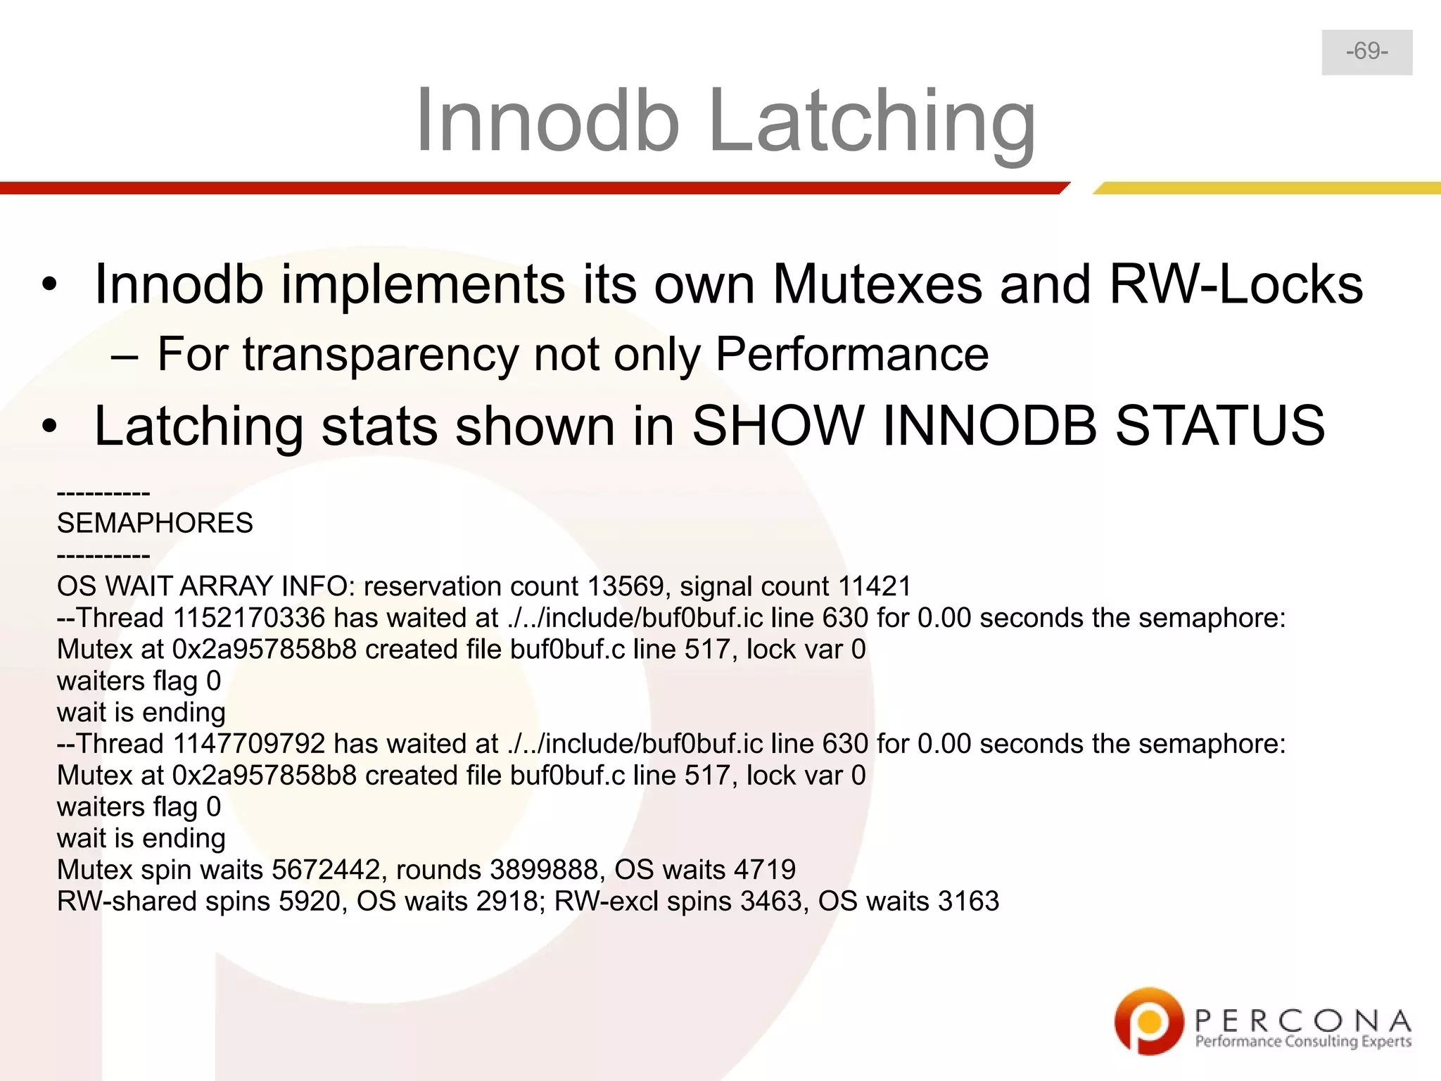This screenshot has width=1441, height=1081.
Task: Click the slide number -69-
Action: tap(1366, 51)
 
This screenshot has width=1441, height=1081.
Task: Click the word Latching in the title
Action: tap(872, 120)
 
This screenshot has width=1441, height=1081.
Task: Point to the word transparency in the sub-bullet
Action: tap(380, 353)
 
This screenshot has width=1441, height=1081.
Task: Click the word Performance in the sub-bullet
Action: tap(851, 353)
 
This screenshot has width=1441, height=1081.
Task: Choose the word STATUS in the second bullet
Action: tap(1220, 425)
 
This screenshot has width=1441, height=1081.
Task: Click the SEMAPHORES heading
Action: tap(155, 523)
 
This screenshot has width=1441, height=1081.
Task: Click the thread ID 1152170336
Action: tap(249, 618)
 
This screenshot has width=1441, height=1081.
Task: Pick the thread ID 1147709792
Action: tap(249, 744)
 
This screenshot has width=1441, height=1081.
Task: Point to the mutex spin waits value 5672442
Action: tap(326, 870)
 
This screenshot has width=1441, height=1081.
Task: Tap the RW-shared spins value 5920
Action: tap(309, 902)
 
